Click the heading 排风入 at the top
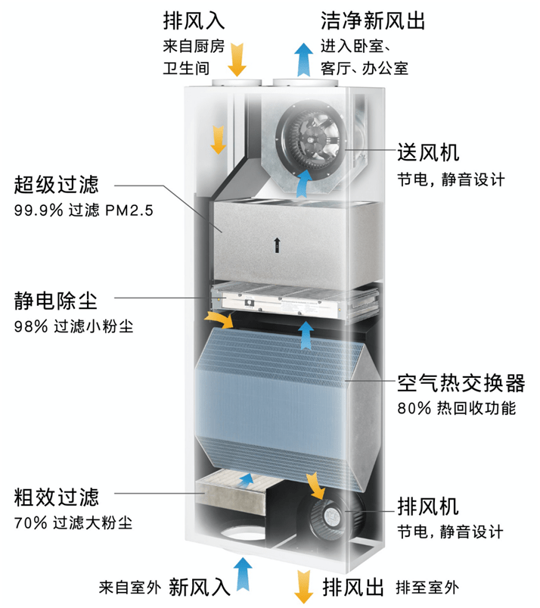click(x=194, y=20)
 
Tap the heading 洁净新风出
click(x=373, y=20)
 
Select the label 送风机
click(x=428, y=152)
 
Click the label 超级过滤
click(x=57, y=184)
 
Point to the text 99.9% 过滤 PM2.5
click(x=84, y=210)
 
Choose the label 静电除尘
click(x=56, y=301)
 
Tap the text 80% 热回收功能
click(x=457, y=408)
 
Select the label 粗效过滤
click(x=57, y=497)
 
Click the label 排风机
click(x=428, y=507)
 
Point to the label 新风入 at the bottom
click(x=200, y=587)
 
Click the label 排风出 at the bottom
click(x=353, y=587)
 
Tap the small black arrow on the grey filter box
click(x=277, y=245)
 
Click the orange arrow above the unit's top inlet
click(x=237, y=60)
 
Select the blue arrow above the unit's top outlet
click(x=304, y=60)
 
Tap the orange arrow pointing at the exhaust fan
click(x=315, y=485)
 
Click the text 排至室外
click(x=427, y=588)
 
